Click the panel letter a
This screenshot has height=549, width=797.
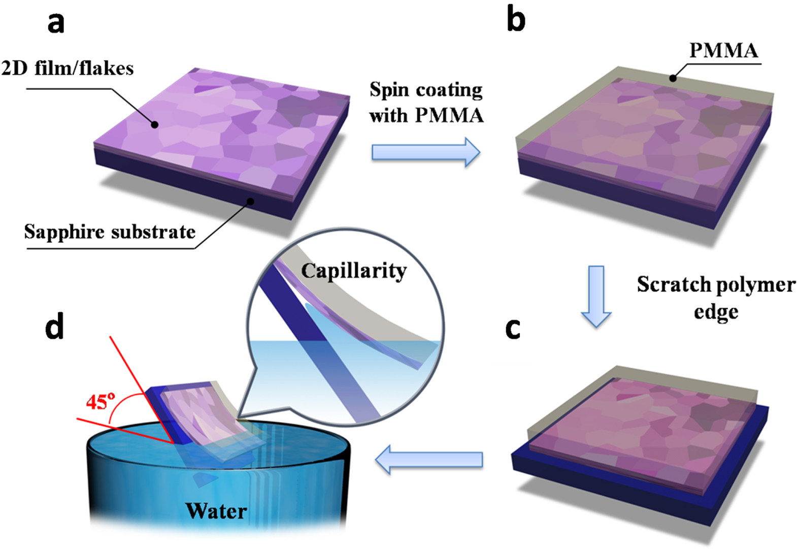click(56, 23)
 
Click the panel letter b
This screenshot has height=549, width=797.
click(516, 20)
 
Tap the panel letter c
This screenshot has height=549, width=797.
click(513, 329)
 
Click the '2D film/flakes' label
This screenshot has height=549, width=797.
click(68, 68)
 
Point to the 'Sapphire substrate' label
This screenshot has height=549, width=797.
click(110, 232)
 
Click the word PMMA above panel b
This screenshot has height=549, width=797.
click(723, 51)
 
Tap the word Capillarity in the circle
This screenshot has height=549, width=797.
click(354, 271)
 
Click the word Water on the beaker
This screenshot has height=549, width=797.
click(216, 511)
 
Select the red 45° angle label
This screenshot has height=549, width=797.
click(100, 402)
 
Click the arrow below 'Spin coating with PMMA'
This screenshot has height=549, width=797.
click(425, 152)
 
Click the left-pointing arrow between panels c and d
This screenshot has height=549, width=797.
click(429, 460)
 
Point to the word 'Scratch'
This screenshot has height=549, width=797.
click(670, 284)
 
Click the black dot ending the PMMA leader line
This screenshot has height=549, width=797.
click(673, 78)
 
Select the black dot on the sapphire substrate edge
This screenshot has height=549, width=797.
click(250, 201)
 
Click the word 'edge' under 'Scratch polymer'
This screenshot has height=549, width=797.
click(716, 312)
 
